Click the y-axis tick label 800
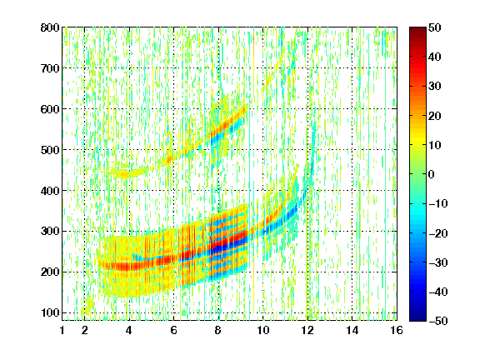coord(50,27)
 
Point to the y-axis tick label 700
coord(50,68)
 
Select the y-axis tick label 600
coord(50,109)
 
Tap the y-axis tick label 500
coord(50,150)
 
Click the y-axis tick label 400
coord(50,191)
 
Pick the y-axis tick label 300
coord(50,232)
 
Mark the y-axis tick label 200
coord(50,272)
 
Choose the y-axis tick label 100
coord(50,312)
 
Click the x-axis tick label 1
coord(62,330)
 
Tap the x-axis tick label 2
coord(84,330)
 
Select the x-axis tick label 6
coord(173,330)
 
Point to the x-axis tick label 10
coord(263,330)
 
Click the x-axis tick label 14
coord(352,330)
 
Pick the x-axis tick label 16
coord(397,330)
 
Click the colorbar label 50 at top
coord(434,27)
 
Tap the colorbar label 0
coord(432,174)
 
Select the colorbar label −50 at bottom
coord(437,321)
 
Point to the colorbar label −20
coord(437,233)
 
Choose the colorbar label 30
coord(434,87)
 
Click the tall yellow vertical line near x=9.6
coord(254,172)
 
